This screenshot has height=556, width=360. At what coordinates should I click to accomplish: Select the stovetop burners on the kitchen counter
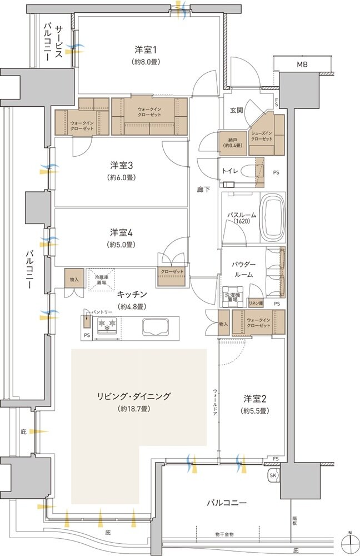click(x=106, y=325)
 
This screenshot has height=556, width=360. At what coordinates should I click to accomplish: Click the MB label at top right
click(x=301, y=65)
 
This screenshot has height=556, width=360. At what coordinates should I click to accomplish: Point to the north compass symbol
click(x=350, y=542)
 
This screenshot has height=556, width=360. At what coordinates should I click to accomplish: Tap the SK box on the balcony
click(x=273, y=475)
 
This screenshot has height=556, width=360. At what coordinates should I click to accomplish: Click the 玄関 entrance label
click(x=236, y=110)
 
